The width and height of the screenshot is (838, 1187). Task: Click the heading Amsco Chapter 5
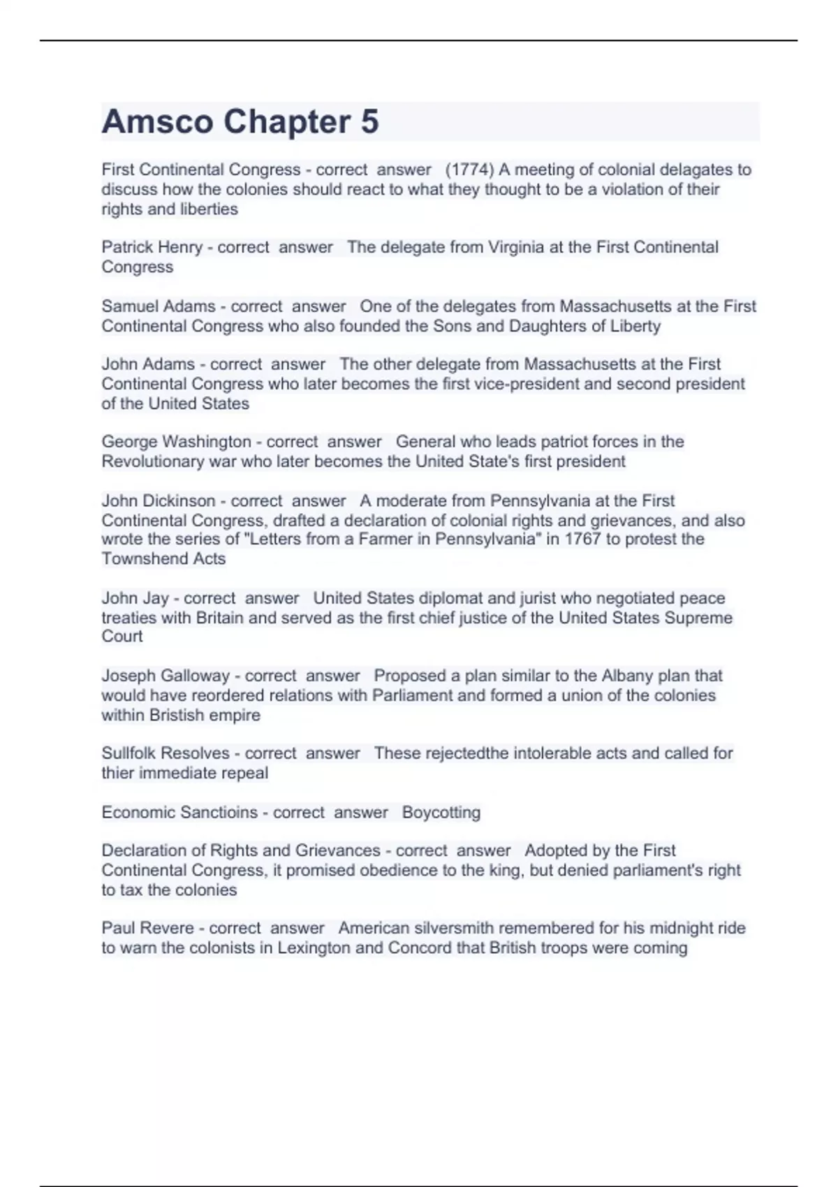click(240, 121)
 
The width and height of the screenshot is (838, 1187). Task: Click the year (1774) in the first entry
click(469, 170)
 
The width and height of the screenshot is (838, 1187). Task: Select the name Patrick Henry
click(152, 247)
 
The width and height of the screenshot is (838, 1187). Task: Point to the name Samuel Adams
click(159, 307)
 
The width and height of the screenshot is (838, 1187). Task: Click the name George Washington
click(176, 442)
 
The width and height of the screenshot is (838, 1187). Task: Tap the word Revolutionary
click(153, 462)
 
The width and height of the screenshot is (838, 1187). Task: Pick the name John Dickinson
click(159, 501)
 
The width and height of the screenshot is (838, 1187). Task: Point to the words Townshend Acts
click(163, 559)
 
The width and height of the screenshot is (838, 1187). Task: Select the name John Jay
click(135, 598)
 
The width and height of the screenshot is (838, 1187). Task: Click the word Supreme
click(698, 618)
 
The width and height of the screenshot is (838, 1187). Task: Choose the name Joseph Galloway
click(166, 676)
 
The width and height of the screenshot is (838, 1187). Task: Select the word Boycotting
click(441, 813)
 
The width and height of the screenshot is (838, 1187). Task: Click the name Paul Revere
click(147, 928)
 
